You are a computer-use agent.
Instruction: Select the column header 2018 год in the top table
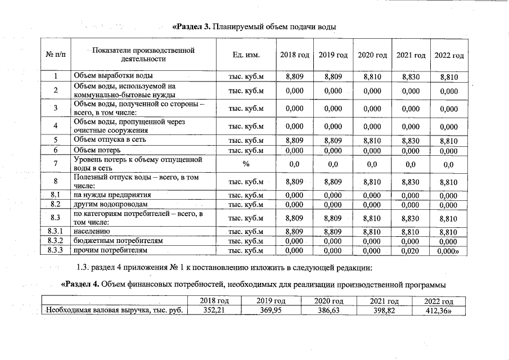tap(295, 55)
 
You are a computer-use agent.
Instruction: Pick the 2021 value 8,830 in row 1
tap(410, 76)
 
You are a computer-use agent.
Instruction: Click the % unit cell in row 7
tap(245, 164)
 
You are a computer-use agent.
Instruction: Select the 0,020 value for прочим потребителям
tap(410, 250)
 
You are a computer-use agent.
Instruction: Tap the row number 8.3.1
tap(56, 231)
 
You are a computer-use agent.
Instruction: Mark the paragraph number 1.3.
tap(83, 267)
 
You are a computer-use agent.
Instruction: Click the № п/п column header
tap(56, 55)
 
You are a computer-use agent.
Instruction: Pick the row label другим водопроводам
tap(110, 205)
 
